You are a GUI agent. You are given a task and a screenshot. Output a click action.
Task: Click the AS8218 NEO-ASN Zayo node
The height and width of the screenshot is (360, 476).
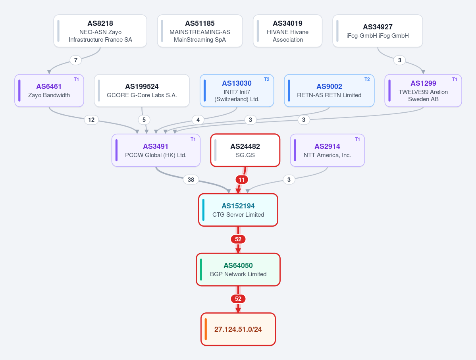(x=100, y=31)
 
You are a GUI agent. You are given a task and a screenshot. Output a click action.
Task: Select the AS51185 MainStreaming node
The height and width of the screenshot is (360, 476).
(x=200, y=31)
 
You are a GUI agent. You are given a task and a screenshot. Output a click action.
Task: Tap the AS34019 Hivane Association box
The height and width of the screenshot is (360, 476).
(x=287, y=31)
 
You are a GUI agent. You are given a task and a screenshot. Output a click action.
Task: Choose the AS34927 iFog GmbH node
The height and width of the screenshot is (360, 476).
(x=378, y=31)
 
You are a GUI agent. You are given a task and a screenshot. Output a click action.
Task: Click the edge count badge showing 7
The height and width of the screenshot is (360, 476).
(x=75, y=60)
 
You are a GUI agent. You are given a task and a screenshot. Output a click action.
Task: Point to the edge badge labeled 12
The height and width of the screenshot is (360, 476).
(x=91, y=120)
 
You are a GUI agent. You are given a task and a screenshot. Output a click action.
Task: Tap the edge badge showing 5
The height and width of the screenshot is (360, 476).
(x=144, y=120)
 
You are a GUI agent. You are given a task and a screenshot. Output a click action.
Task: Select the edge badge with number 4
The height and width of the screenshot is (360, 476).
(x=198, y=120)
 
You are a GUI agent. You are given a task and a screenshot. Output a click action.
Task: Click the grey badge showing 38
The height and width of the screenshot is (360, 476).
(x=191, y=180)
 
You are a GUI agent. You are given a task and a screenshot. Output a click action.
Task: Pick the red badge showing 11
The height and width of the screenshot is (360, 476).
(x=242, y=180)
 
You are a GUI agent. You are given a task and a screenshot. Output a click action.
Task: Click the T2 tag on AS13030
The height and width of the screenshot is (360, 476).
(x=266, y=79)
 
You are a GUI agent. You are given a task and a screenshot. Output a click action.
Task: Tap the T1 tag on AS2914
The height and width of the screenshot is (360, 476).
(x=357, y=139)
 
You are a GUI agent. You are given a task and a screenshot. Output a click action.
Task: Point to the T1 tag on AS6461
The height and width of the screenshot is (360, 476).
(x=76, y=79)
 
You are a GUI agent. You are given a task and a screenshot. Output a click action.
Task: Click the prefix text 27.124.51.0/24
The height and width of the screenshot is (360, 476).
(x=238, y=329)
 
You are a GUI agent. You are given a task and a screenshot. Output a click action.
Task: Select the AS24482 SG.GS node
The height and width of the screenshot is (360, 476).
(x=245, y=150)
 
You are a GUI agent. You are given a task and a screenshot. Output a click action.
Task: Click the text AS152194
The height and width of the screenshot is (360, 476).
(x=238, y=206)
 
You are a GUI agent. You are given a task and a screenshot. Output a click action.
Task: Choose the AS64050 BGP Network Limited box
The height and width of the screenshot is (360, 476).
(x=238, y=270)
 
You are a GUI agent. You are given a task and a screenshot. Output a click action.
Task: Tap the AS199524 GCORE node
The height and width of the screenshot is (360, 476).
(x=142, y=90)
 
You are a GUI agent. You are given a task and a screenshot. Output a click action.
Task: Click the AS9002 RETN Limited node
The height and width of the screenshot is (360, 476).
(x=329, y=90)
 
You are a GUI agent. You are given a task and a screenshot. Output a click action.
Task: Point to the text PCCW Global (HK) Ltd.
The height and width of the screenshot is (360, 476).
(x=156, y=155)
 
